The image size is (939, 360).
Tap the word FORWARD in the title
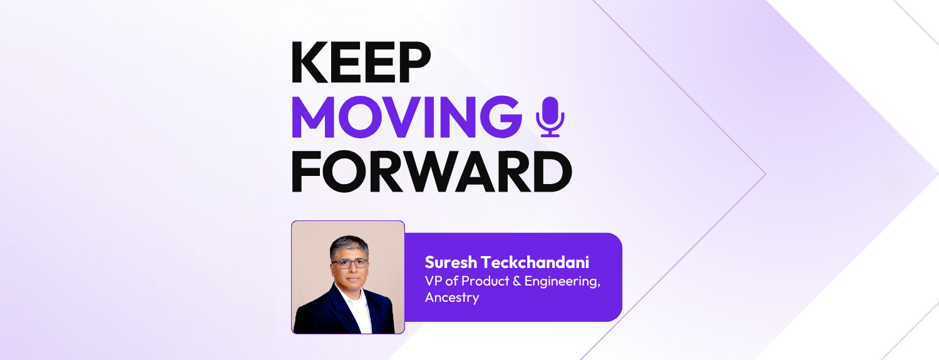pyautogui.click(x=431, y=172)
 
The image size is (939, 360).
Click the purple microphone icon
pyautogui.click(x=551, y=116)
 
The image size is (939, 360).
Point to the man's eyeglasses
pyautogui.click(x=350, y=263)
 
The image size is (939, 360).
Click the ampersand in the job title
pyautogui.click(x=514, y=280)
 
